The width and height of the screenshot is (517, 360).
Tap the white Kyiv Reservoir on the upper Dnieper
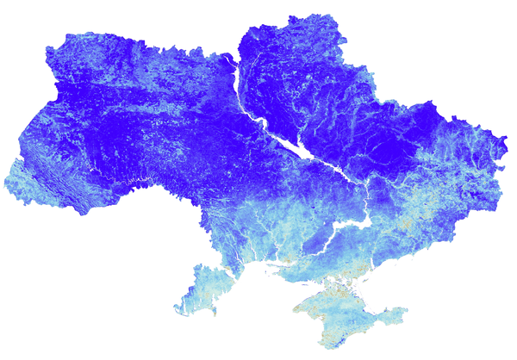coord(230,65)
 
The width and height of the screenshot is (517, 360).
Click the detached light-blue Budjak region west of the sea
coord(202,284)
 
